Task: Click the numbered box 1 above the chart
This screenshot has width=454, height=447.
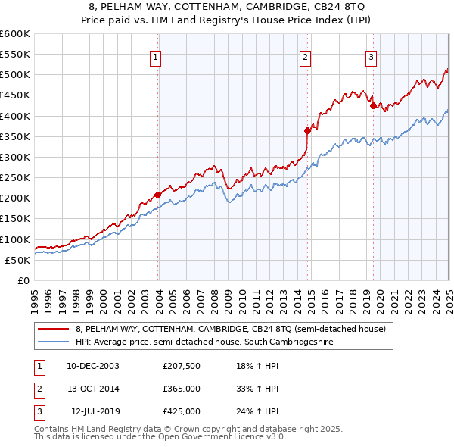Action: tap(155, 57)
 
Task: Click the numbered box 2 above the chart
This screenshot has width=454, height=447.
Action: tap(304, 57)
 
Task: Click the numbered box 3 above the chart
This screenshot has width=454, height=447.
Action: tap(372, 57)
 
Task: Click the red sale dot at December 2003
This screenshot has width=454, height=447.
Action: tap(158, 195)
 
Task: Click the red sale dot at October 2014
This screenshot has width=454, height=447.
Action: tap(308, 130)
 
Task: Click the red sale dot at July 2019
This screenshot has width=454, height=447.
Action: tap(373, 105)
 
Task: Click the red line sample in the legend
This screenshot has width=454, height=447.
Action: tap(54, 329)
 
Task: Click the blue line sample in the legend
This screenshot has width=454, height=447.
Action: tap(54, 342)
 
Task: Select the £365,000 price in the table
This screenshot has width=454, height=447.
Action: tap(181, 389)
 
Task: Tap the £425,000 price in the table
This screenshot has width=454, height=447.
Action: tap(181, 411)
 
